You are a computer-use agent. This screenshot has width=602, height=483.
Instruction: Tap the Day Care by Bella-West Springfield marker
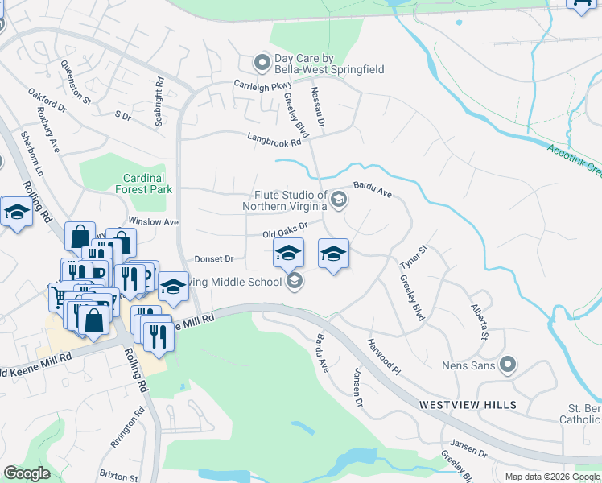(x=261, y=62)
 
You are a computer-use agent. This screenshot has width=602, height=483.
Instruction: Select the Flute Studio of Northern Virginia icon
(x=339, y=200)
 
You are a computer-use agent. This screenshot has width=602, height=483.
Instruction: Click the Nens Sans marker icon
(x=507, y=365)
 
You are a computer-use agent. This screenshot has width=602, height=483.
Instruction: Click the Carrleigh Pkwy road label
(x=262, y=84)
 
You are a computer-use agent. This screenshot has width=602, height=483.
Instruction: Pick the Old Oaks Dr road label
(x=287, y=232)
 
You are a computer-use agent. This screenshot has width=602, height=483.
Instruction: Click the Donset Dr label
(x=213, y=259)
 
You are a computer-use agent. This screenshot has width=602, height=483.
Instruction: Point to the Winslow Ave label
(x=153, y=221)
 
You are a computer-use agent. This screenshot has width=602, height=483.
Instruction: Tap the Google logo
(x=27, y=473)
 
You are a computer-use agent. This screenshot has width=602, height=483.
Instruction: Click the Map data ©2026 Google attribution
(x=550, y=477)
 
